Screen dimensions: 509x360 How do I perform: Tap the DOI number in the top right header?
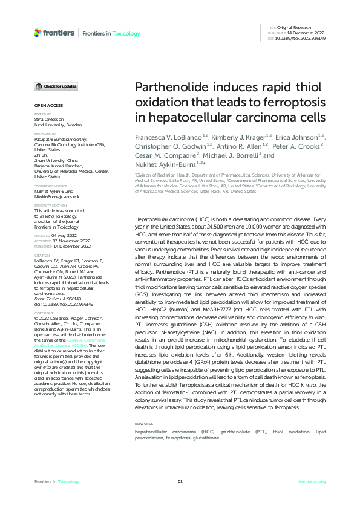click(x=301, y=38)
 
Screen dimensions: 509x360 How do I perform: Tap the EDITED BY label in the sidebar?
click(x=42, y=114)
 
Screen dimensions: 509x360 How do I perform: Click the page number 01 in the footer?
click(x=180, y=481)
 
